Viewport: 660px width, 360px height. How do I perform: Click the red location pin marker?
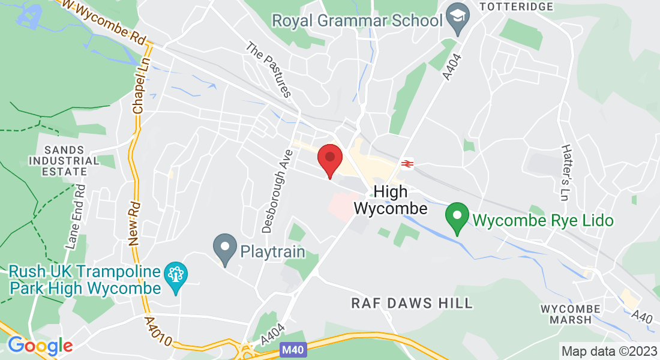click(x=329, y=158)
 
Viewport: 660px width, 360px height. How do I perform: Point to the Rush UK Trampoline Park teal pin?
click(x=176, y=276)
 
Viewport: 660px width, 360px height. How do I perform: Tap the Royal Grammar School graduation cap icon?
click(x=458, y=19)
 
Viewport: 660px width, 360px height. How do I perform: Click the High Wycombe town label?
click(x=391, y=200)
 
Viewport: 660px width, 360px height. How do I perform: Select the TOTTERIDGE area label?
click(x=515, y=6)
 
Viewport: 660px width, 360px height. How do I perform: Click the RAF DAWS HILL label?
click(x=412, y=303)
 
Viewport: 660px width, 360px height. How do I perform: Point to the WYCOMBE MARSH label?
click(x=566, y=314)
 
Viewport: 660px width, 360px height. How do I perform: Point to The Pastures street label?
click(x=269, y=70)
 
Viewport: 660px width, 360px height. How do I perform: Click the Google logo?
click(x=40, y=346)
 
